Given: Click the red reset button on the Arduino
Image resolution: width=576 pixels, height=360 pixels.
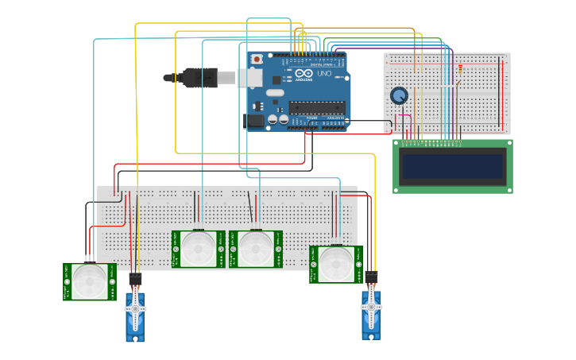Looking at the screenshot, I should [x=257, y=60].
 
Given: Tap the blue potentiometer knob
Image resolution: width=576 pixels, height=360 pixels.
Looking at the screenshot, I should [x=400, y=96].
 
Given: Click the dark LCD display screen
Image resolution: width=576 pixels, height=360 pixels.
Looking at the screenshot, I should [x=452, y=168].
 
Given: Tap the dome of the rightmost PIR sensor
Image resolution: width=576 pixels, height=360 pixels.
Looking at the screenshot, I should [x=335, y=263].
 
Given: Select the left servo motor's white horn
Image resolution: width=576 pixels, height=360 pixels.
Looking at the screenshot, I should [x=135, y=308].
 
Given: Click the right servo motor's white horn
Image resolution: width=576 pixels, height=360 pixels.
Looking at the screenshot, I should [x=370, y=305].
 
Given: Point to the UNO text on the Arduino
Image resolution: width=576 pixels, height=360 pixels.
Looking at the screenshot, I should [x=324, y=73].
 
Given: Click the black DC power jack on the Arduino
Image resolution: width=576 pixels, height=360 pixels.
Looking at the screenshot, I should [x=254, y=121].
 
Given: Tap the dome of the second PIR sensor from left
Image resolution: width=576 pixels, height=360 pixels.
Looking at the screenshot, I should [x=198, y=248].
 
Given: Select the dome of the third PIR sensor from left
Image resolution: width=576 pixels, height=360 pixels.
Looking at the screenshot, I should [x=255, y=248].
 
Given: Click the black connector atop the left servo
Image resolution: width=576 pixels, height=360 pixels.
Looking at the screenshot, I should [x=135, y=280].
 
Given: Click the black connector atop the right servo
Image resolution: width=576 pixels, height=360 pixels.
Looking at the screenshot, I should [x=370, y=277].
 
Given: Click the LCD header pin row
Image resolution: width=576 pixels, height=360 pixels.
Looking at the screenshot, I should [x=433, y=144].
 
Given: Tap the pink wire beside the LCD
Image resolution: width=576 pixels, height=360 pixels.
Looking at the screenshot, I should [x=410, y=127].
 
